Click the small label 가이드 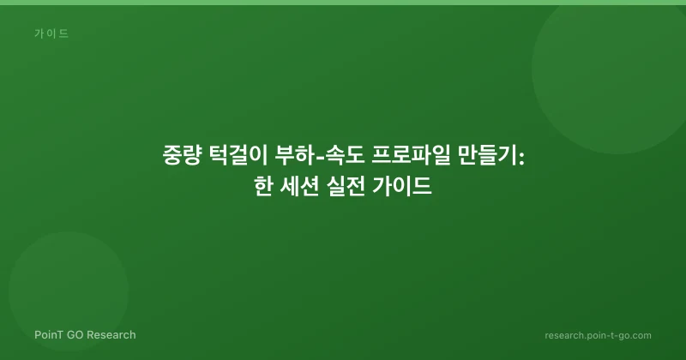51,33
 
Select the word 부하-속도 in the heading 319,156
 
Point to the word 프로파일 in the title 411,156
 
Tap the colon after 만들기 521,158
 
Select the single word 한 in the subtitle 264,187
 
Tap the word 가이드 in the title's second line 402,187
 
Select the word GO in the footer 75,335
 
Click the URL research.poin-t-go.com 598,335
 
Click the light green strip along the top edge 343,3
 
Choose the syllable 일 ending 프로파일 441,156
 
